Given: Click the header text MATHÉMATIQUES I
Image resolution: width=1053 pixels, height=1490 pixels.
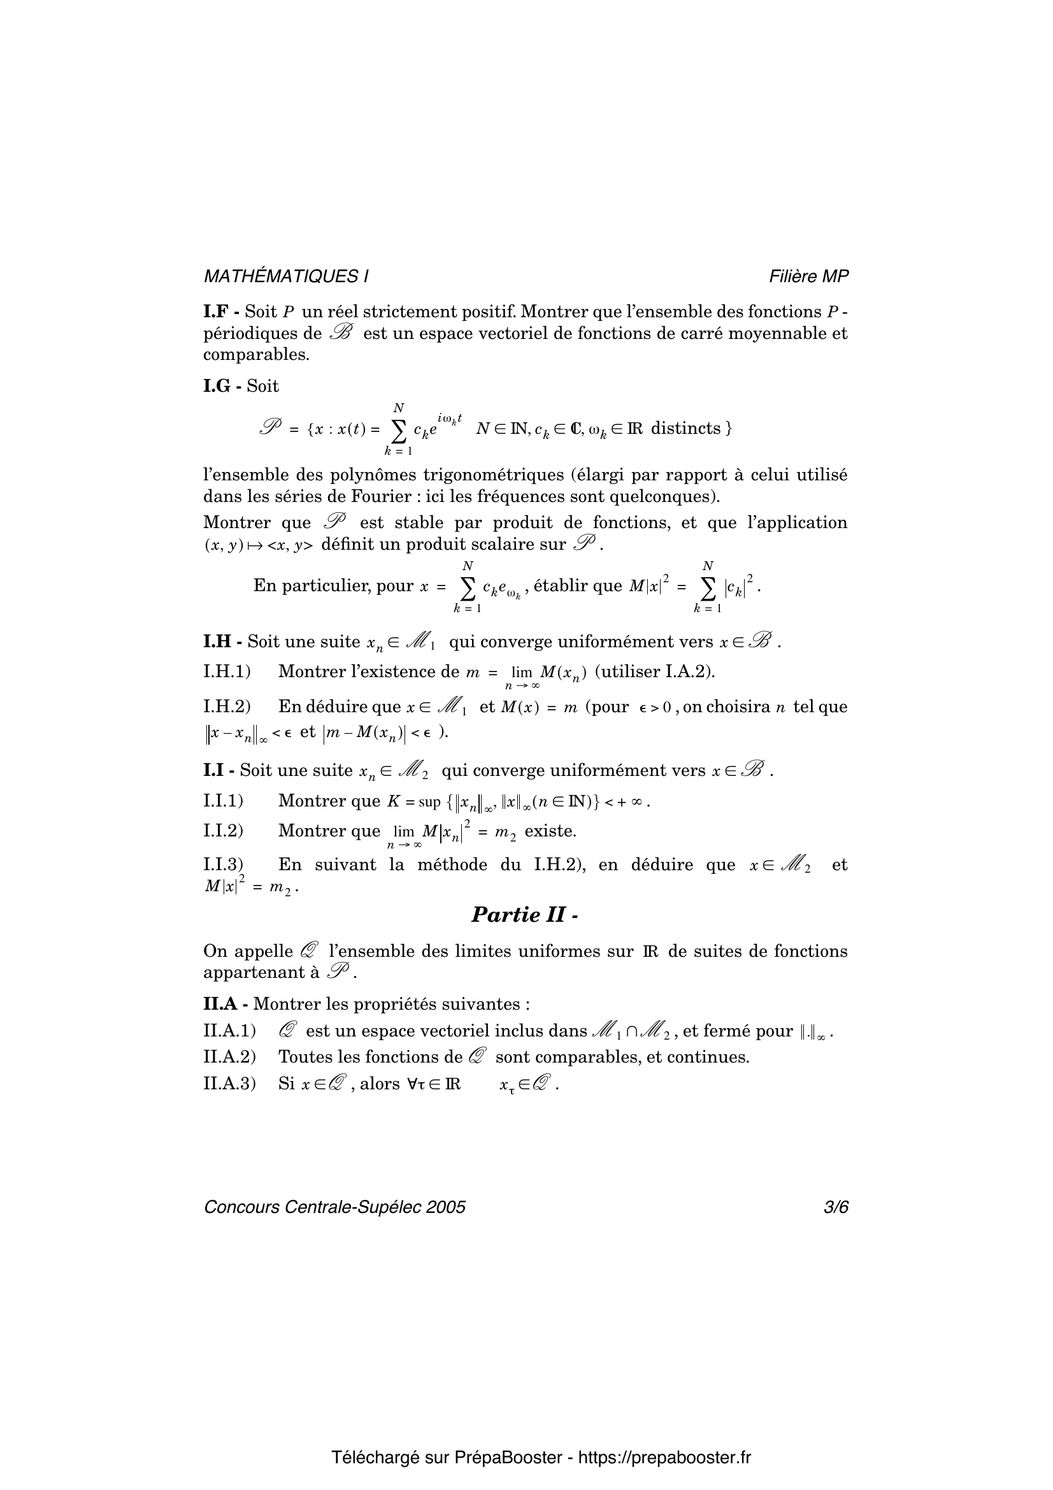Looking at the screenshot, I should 286,276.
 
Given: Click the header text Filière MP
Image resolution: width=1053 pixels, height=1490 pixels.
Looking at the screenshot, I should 808,276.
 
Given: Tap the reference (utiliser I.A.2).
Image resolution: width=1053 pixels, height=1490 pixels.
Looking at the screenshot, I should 655,671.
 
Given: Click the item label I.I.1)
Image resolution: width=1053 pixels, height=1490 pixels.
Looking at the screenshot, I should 223,801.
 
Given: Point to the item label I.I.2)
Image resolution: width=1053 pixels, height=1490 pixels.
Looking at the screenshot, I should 223,831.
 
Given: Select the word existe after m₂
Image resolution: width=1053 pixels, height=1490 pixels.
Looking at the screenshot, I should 550,831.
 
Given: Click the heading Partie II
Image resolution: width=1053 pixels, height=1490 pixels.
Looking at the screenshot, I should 524,914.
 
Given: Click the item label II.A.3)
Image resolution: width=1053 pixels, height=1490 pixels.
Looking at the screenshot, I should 230,1084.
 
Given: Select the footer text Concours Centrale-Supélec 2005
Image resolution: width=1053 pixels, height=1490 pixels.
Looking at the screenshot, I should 335,1207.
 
